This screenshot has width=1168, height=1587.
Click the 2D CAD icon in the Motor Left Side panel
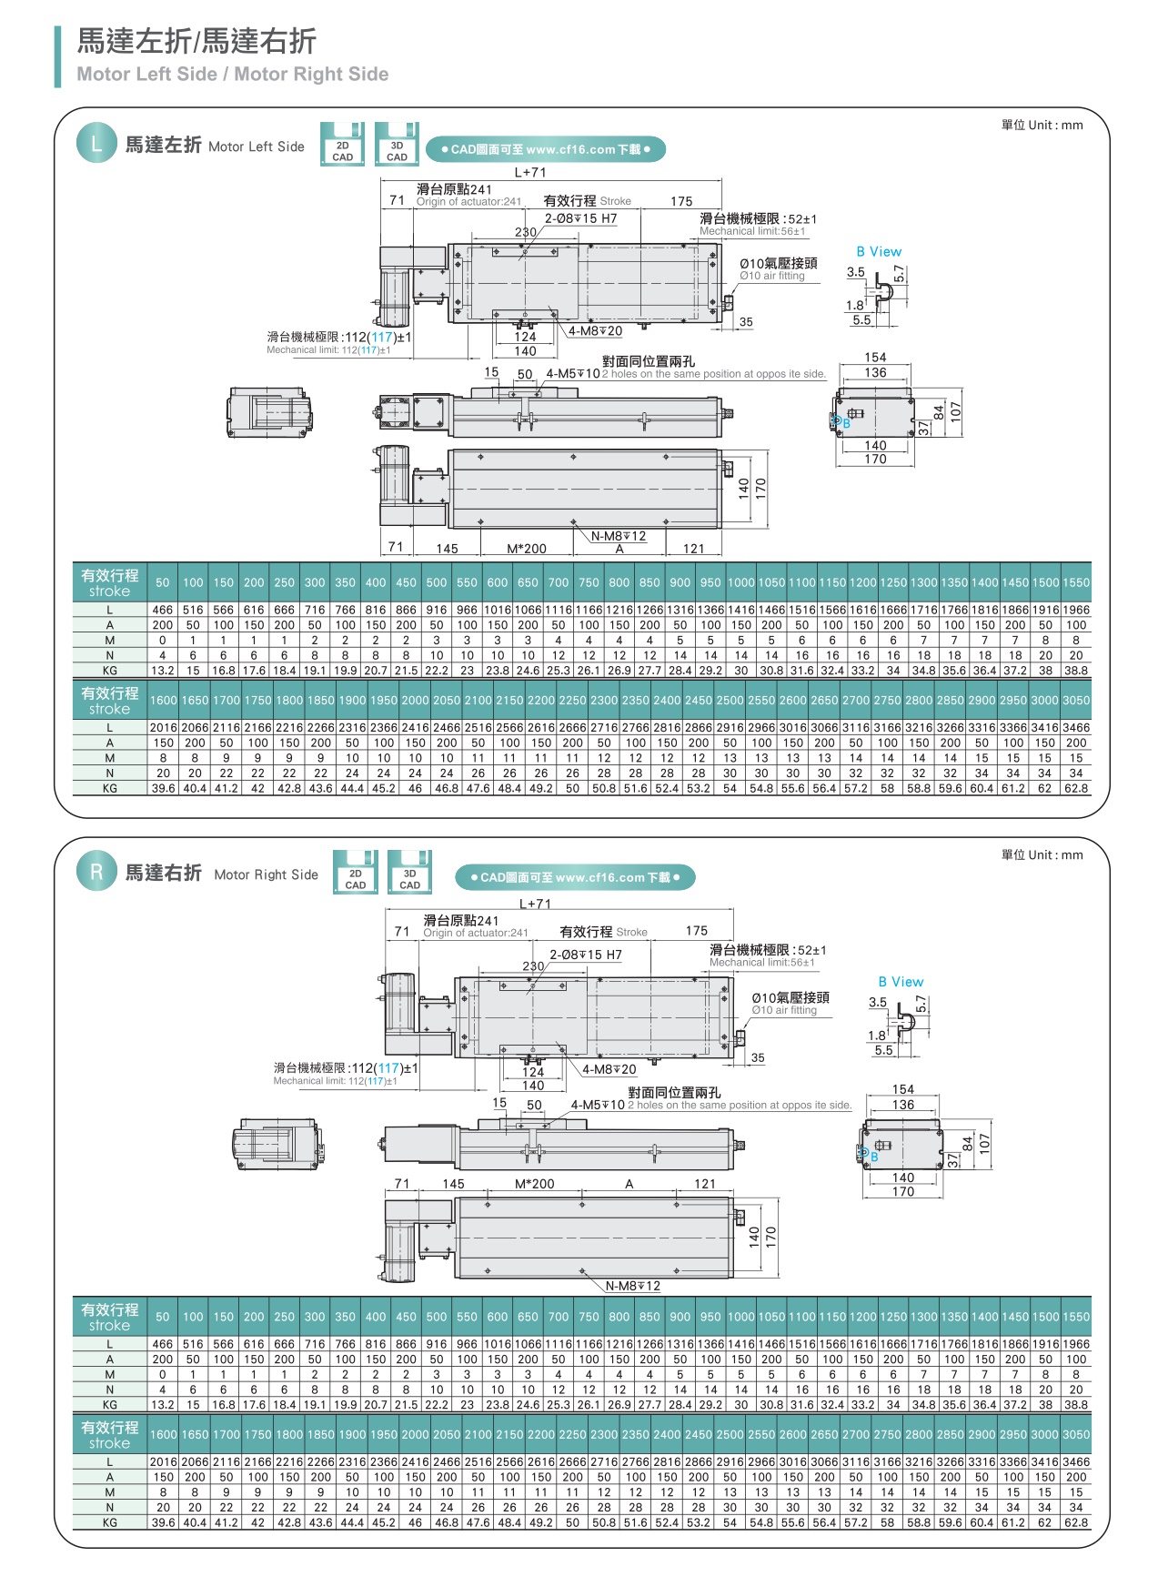pos(342,145)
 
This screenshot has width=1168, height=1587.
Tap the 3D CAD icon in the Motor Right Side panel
pos(409,873)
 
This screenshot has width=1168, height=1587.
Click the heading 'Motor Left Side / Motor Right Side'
pos(232,75)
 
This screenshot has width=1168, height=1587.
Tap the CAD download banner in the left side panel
pos(546,149)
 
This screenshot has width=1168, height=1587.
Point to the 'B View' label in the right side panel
pos(901,982)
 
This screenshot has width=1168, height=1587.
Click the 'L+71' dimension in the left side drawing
pos(530,172)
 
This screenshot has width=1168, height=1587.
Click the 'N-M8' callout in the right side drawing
pos(633,1286)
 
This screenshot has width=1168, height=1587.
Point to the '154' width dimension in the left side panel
pos(875,358)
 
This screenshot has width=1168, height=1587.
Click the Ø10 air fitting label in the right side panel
pos(790,998)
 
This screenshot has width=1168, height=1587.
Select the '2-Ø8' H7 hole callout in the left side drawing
pos(580,218)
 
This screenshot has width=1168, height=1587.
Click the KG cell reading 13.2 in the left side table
pos(163,671)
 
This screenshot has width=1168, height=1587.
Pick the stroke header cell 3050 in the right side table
pos(1076,1434)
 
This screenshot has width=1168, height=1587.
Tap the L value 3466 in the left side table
pos(1076,728)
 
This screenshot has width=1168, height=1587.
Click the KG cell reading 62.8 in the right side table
pos(1076,1522)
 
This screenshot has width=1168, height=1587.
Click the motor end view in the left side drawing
pos(259,411)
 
